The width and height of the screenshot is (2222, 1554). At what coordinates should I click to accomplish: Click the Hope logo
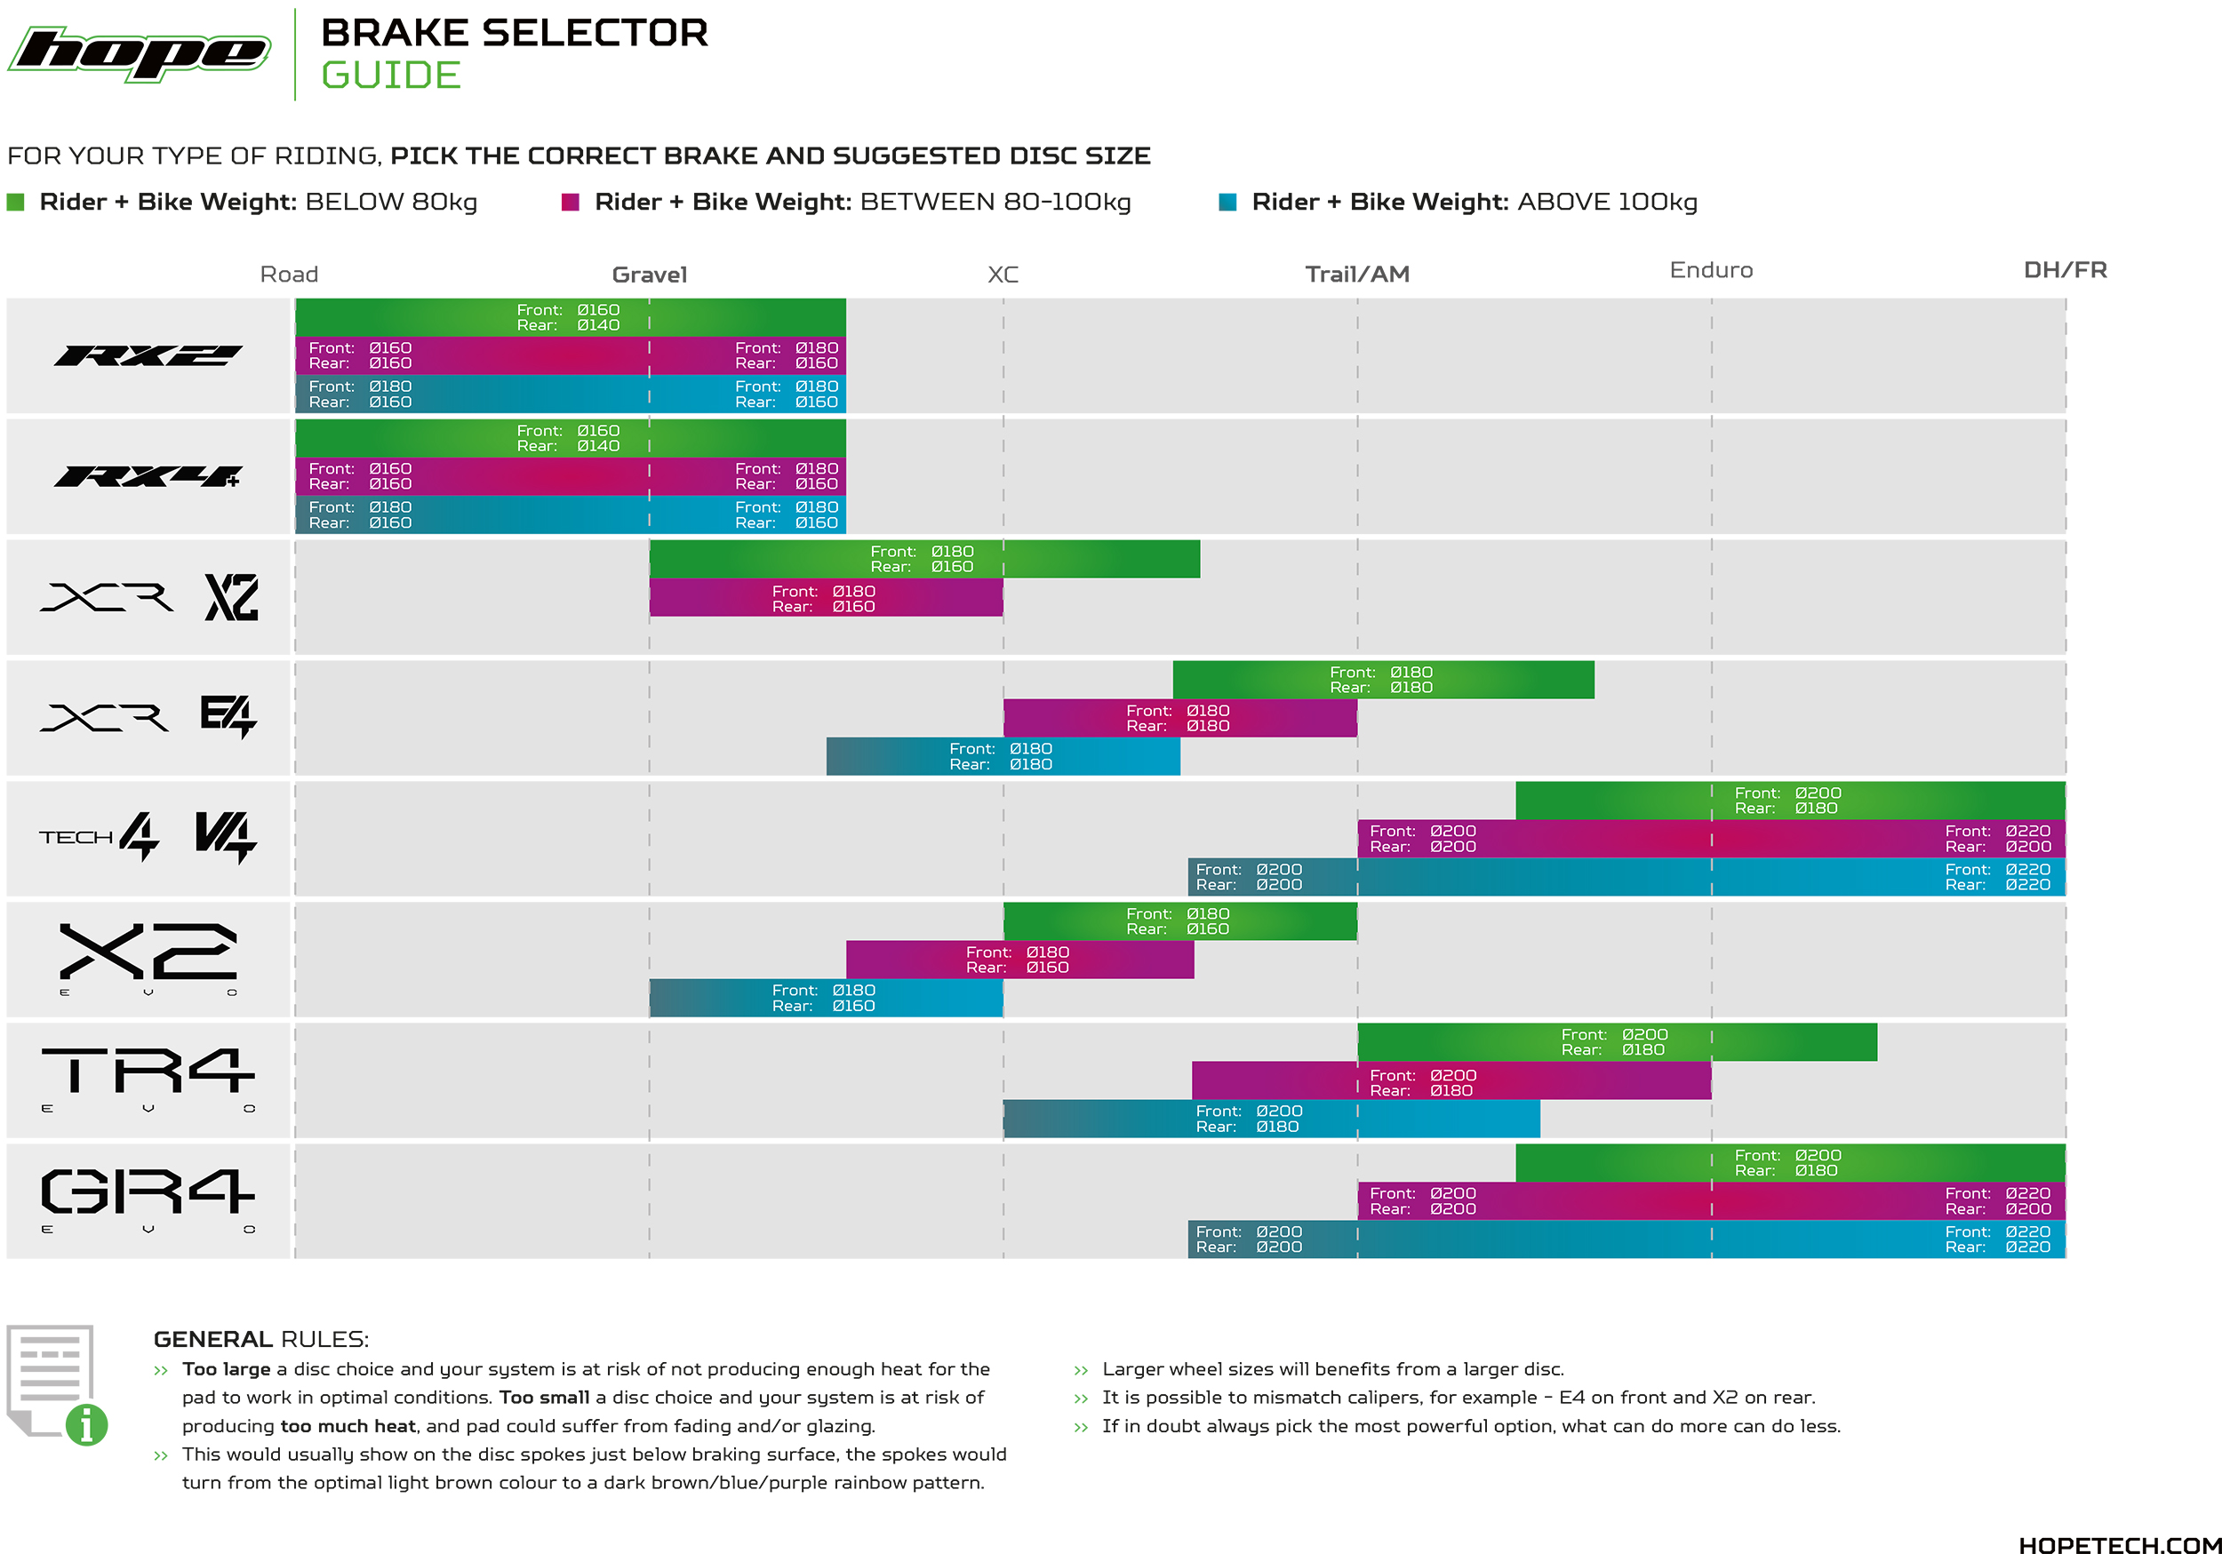pyautogui.click(x=140, y=54)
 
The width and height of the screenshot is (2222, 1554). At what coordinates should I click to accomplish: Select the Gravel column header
pyautogui.click(x=650, y=275)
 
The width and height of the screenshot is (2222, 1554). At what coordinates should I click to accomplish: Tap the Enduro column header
pyautogui.click(x=1711, y=270)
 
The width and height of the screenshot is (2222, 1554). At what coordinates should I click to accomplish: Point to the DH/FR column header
pyautogui.click(x=2066, y=270)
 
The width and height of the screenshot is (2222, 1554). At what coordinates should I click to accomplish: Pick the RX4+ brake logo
pyautogui.click(x=148, y=476)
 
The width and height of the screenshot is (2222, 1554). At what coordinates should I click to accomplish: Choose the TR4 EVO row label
pyautogui.click(x=148, y=1079)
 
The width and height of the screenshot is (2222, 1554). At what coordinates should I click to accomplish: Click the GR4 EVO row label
pyautogui.click(x=148, y=1199)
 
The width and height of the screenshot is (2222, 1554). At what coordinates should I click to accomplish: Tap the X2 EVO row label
pyautogui.click(x=148, y=958)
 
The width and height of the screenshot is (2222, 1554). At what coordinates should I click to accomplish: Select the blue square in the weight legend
pyautogui.click(x=1227, y=203)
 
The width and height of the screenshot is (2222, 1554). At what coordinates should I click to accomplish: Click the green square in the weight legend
pyautogui.click(x=15, y=203)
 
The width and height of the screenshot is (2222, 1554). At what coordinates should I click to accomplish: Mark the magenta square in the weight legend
pyautogui.click(x=570, y=203)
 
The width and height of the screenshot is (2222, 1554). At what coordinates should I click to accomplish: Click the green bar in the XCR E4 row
pyautogui.click(x=1383, y=681)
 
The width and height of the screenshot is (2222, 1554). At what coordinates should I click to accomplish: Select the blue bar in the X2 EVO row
pyautogui.click(x=826, y=999)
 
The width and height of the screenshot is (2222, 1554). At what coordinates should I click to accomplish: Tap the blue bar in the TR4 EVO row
pyautogui.click(x=1271, y=1120)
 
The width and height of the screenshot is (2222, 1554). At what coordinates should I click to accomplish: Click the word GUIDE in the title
pyautogui.click(x=391, y=76)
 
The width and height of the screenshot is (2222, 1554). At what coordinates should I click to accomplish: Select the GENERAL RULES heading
pyautogui.click(x=260, y=1339)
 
